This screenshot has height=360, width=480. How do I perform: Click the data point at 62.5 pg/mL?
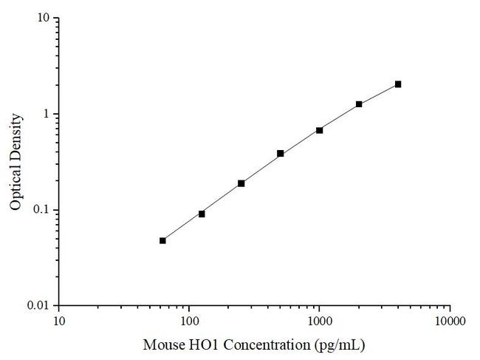(x=162, y=240)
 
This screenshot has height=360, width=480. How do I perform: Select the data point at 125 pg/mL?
(x=202, y=214)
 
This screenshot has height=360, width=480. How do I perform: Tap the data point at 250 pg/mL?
(x=241, y=183)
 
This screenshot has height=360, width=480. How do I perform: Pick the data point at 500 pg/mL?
(x=281, y=153)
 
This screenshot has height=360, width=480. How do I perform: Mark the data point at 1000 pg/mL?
(x=320, y=130)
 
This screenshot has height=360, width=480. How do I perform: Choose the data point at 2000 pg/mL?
(x=359, y=104)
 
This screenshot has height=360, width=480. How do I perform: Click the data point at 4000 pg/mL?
(x=398, y=84)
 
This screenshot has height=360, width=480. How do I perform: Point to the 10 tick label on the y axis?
(x=44, y=18)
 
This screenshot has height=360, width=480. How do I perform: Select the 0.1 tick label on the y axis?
(x=43, y=210)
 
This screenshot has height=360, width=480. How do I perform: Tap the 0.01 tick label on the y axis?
(x=40, y=305)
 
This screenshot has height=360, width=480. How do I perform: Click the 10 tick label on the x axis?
(x=60, y=322)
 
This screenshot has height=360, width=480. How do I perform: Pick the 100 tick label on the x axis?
(x=190, y=322)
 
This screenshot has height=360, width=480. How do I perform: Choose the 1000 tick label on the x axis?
(x=320, y=322)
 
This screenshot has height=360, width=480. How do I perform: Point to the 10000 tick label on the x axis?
(x=450, y=322)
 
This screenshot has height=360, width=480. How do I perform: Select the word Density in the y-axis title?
(x=16, y=135)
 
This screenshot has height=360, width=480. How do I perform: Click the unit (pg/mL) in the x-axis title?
(x=340, y=345)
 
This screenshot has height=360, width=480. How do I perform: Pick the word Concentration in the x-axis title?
(x=264, y=345)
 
